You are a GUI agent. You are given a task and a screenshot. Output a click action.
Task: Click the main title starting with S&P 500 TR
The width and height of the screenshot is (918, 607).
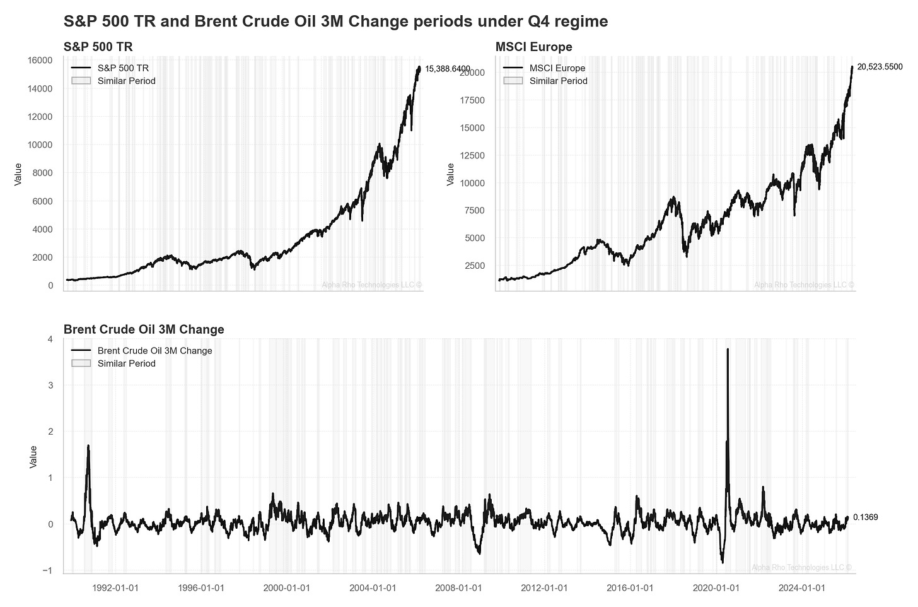pyautogui.click(x=335, y=21)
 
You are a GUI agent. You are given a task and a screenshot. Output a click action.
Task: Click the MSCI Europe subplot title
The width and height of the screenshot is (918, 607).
pyautogui.click(x=533, y=47)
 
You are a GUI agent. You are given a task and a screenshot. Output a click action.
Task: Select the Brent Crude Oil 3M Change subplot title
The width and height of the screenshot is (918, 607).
pyautogui.click(x=144, y=329)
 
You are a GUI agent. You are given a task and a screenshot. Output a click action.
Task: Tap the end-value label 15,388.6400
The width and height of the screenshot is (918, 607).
pyautogui.click(x=447, y=69)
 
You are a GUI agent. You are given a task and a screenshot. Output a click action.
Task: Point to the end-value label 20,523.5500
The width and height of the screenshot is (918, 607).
pyautogui.click(x=880, y=67)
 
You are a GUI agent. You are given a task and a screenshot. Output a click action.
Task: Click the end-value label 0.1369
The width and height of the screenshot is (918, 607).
pyautogui.click(x=865, y=517)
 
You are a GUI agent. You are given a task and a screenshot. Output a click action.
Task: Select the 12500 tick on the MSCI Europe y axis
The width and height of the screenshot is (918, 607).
pyautogui.click(x=473, y=155)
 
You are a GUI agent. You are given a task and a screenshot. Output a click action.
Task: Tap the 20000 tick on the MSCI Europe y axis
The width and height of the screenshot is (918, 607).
pyautogui.click(x=473, y=73)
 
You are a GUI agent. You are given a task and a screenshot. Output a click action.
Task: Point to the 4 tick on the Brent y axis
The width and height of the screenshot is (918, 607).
pyautogui.click(x=49, y=339)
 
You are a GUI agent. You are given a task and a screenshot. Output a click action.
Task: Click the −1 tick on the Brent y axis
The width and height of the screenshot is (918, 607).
pyautogui.click(x=47, y=570)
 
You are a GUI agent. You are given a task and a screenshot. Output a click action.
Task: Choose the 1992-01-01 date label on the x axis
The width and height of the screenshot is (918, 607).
pyautogui.click(x=115, y=588)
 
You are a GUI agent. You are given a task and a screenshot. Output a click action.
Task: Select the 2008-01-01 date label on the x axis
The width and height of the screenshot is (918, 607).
pyautogui.click(x=458, y=588)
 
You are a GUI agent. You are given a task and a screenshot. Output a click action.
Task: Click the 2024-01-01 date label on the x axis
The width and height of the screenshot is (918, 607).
pyautogui.click(x=801, y=588)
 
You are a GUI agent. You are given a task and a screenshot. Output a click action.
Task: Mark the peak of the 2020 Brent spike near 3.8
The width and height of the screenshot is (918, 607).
pyautogui.click(x=728, y=349)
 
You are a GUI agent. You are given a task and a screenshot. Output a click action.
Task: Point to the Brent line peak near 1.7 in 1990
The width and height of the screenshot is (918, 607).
pyautogui.click(x=88, y=445)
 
